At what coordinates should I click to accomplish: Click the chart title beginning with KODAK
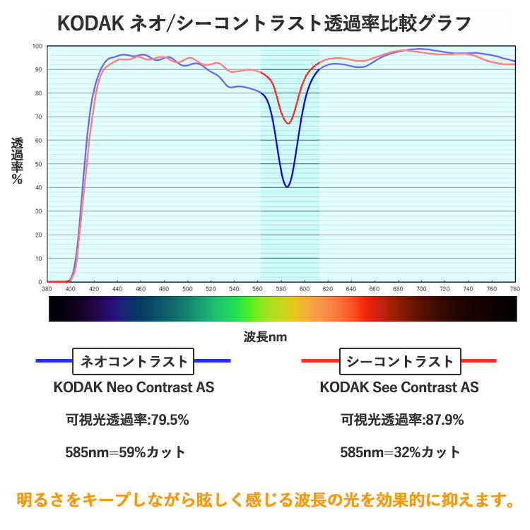pos(264,23)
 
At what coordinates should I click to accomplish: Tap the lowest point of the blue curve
pos(287,187)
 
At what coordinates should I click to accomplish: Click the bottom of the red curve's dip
pos(288,124)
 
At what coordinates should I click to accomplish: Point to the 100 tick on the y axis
pos(38,47)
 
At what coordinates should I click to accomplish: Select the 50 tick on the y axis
pos(40,164)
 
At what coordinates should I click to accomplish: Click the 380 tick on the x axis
pos(47,288)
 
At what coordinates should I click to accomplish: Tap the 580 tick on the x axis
pos(281,288)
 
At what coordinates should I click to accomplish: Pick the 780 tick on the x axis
pos(514,288)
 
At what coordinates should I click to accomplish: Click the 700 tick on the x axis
pos(421,288)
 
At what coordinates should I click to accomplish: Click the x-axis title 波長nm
pos(265,337)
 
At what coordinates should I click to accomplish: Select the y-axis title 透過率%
pos(17,161)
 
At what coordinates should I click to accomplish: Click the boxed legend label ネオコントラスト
pos(134,362)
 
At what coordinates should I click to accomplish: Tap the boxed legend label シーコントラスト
pos(399,362)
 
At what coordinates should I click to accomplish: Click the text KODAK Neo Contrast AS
pos(134,387)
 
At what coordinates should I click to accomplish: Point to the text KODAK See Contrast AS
pos(399,387)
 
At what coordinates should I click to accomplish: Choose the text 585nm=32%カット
pos(400,452)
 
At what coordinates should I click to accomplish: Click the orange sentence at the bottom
pos(265,500)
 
